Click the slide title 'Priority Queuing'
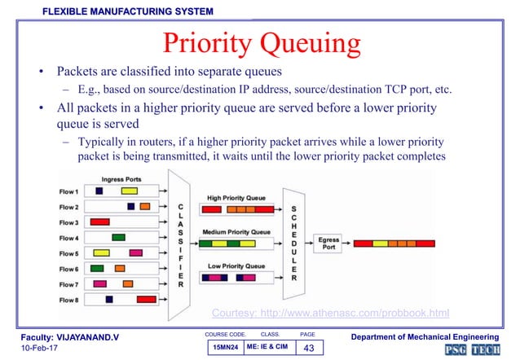tap(259, 43)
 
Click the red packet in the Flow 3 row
tap(99, 222)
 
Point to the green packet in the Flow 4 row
tap(118, 237)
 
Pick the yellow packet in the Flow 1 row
tap(129, 191)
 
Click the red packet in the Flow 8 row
tap(146, 300)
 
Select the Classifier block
tap(179, 244)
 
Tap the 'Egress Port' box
tap(328, 243)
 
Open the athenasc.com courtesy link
tap(330, 313)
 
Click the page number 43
tap(308, 349)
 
